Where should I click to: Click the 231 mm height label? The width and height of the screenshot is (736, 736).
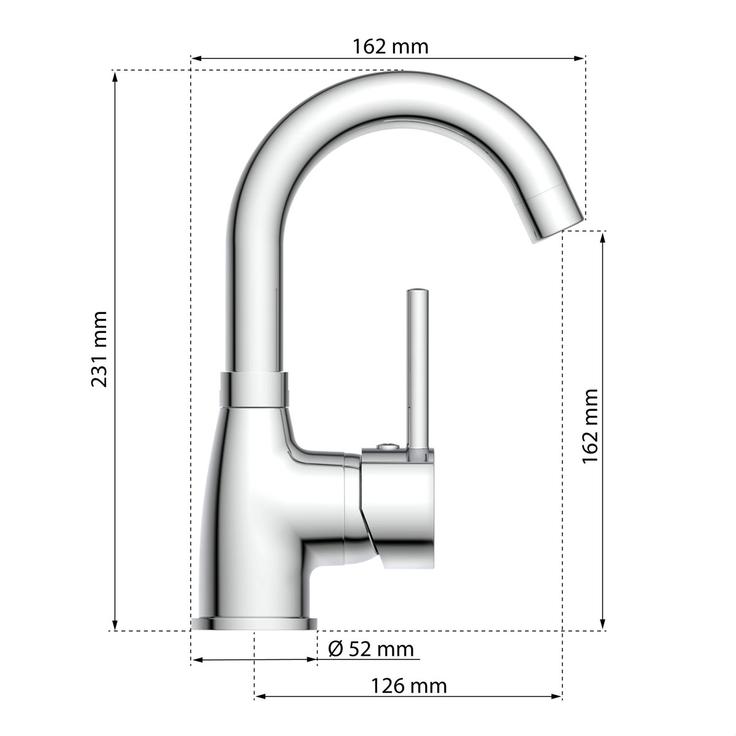(99, 349)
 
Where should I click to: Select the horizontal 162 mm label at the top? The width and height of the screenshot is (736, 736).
(390, 46)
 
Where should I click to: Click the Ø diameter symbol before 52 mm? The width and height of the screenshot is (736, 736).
(335, 648)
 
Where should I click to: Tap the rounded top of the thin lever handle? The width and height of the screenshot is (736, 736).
(418, 293)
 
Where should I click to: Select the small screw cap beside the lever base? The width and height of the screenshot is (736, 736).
(385, 447)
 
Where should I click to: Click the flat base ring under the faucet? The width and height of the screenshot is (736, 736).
(254, 624)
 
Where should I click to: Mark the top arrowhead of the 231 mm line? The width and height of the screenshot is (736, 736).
(115, 75)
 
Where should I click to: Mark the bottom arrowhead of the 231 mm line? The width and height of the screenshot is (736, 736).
(115, 626)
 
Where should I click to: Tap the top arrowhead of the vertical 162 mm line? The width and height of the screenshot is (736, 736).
(603, 236)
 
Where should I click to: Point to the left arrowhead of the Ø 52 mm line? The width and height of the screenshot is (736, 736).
(196, 661)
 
